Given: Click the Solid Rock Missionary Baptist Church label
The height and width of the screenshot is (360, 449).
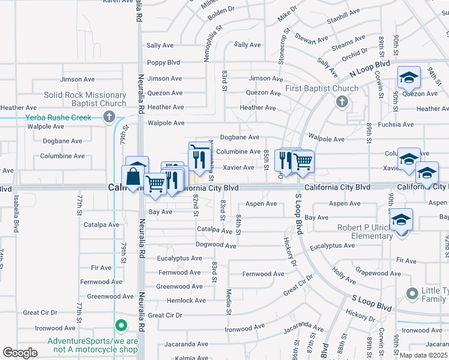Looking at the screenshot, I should [x=85, y=99].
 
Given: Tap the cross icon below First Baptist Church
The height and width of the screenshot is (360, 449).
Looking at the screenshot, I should [x=342, y=101].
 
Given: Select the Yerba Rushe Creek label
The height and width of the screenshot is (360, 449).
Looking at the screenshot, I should [x=58, y=118].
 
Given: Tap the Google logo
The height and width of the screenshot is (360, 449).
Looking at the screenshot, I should [x=20, y=353].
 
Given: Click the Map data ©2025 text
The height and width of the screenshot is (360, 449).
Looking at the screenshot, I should [x=423, y=355].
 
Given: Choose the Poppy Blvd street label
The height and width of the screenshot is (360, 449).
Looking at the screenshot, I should [x=164, y=62].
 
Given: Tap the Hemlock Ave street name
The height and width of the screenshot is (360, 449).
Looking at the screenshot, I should [x=186, y=301].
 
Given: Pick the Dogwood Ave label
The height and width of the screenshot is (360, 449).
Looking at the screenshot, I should [x=215, y=245].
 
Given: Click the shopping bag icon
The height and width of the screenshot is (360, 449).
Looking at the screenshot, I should [x=133, y=178].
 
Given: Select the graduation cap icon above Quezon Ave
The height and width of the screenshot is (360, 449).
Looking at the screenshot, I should [x=409, y=78].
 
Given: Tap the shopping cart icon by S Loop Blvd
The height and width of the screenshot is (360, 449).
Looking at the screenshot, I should [x=303, y=161].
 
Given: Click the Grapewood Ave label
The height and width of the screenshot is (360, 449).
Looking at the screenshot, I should [x=378, y=272].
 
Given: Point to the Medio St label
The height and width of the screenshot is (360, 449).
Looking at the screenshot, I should [x=229, y=300].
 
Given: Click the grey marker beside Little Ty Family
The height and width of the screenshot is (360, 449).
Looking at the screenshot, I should [x=412, y=294].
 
